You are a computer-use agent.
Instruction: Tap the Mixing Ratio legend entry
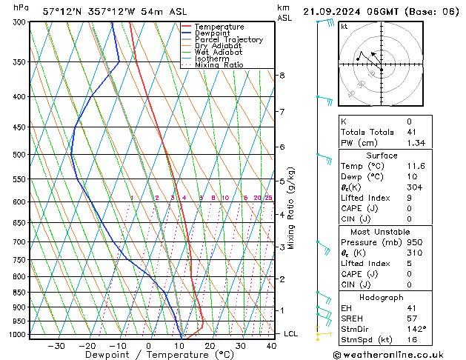219,65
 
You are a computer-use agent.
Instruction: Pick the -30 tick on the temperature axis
56,346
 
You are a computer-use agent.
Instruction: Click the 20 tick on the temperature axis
210,346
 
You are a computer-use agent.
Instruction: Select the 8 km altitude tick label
282,76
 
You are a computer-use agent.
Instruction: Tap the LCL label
292,334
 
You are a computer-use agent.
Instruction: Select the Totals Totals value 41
410,132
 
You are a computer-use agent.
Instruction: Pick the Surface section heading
382,156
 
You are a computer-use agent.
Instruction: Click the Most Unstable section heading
382,231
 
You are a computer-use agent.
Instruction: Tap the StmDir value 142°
416,329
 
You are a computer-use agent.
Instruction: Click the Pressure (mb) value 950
413,242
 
